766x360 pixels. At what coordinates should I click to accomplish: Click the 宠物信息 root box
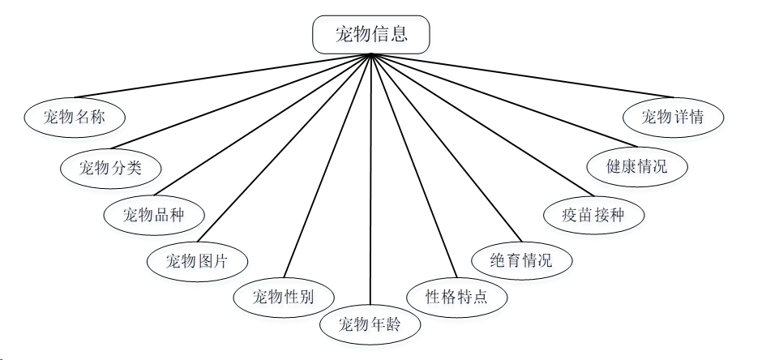370,34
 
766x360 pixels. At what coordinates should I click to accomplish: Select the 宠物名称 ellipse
75,118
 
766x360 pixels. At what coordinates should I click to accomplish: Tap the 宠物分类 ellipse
111,168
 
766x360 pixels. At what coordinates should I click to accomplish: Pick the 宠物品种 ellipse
154,215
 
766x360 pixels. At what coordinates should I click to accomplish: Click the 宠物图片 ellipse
198,261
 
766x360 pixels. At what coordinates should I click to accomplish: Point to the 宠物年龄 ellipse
370,325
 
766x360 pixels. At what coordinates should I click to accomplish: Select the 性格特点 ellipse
456,296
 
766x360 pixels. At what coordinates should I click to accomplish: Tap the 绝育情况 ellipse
522,261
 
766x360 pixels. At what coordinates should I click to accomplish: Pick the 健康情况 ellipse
637,167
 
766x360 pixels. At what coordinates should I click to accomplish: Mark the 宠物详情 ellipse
673,117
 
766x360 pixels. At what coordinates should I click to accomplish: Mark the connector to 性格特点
409,166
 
